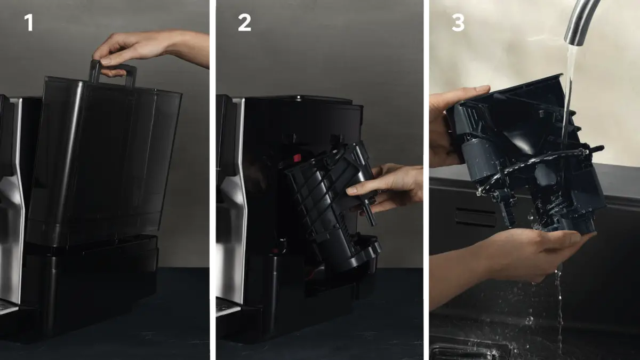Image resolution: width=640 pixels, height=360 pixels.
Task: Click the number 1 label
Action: pyautogui.click(x=29, y=22)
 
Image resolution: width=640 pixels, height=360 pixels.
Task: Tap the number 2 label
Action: pyautogui.click(x=244, y=22)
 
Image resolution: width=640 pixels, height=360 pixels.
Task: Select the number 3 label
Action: pyautogui.click(x=458, y=22)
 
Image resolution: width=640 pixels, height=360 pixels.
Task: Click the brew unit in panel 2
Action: pyautogui.click(x=331, y=206)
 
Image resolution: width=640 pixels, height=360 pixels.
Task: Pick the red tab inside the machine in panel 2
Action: pyautogui.click(x=297, y=158)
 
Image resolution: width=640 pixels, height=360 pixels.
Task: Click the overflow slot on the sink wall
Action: pyautogui.click(x=475, y=218)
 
